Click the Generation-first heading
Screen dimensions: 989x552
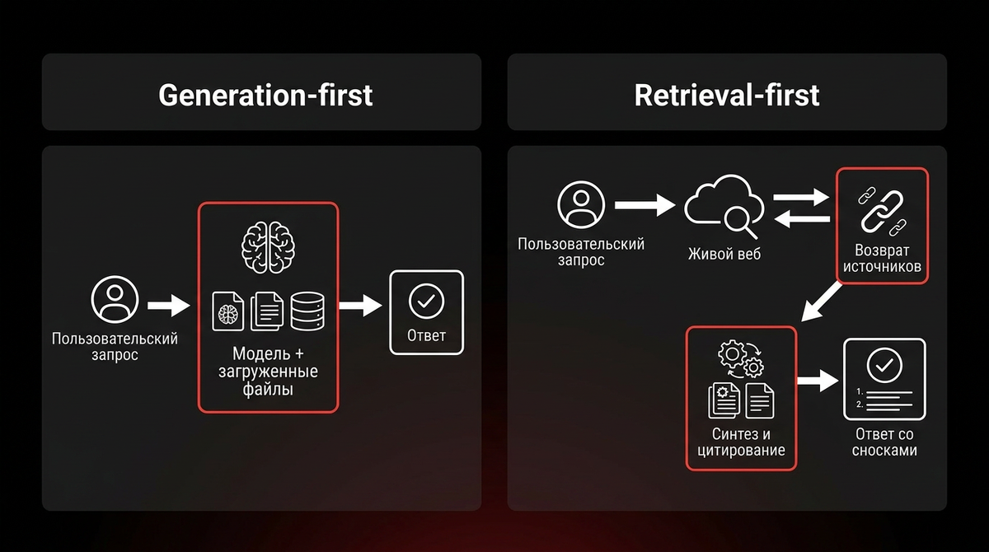(x=265, y=96)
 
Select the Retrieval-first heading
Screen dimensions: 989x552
(x=727, y=96)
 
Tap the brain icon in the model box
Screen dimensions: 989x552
(x=268, y=247)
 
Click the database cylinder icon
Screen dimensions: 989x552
(x=307, y=311)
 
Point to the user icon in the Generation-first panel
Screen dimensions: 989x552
(x=115, y=300)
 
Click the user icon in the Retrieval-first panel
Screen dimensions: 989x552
(x=581, y=205)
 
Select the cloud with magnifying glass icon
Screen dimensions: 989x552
(x=724, y=206)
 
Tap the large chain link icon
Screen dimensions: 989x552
(x=882, y=212)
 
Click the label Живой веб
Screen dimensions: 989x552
(x=724, y=254)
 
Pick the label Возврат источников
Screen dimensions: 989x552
(x=882, y=259)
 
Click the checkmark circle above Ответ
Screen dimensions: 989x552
(x=426, y=302)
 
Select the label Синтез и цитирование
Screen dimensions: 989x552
(x=741, y=442)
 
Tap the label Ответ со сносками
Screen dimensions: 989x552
(x=884, y=442)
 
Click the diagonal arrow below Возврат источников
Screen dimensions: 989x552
(x=821, y=302)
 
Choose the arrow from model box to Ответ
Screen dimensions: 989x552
(x=361, y=306)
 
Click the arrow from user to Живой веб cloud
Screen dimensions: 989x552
(x=645, y=205)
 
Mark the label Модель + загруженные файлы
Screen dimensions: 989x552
(x=268, y=372)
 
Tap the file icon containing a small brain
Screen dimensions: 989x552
(x=227, y=311)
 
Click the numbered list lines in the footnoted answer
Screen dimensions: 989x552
(x=884, y=399)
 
